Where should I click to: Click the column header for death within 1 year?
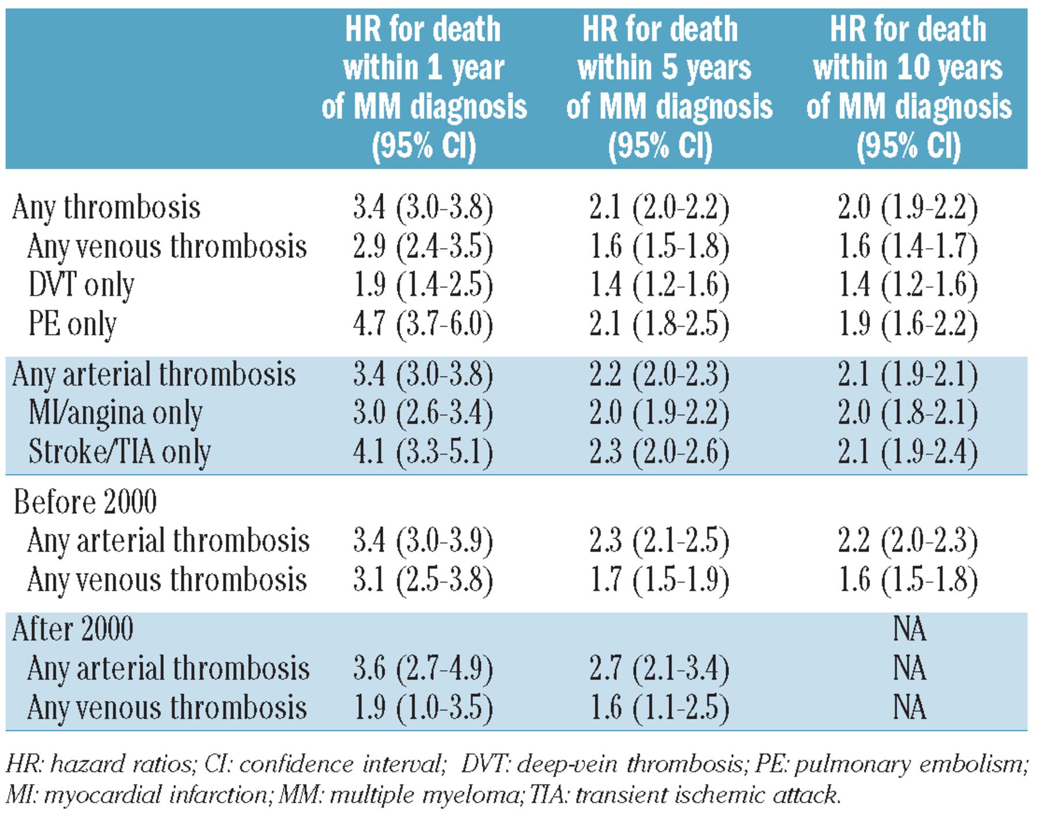[423, 88]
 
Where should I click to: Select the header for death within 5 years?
[668, 88]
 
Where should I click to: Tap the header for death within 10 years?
[909, 88]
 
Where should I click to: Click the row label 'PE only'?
[73, 324]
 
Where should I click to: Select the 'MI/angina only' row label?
[115, 413]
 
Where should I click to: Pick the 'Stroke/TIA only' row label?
[119, 452]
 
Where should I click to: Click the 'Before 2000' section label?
[85, 502]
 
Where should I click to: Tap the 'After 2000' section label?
[73, 629]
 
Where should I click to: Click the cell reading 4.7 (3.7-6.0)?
[423, 324]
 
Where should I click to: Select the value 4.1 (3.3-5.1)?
[423, 452]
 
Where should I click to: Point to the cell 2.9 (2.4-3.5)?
[423, 247]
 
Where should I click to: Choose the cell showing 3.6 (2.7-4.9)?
[423, 669]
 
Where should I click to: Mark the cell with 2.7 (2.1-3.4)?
[660, 669]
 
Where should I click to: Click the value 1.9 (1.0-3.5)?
[423, 708]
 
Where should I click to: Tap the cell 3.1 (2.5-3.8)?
[423, 580]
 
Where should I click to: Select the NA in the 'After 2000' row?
[909, 629]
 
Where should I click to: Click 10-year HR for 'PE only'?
[908, 324]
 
